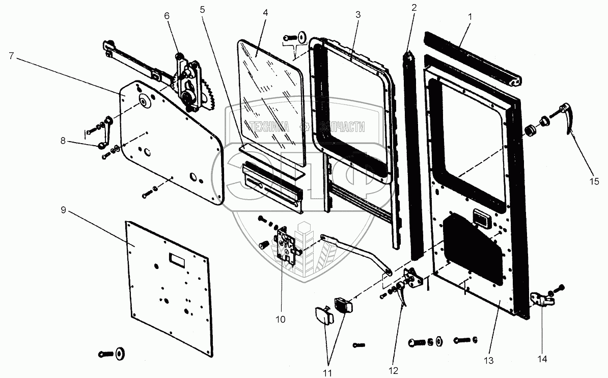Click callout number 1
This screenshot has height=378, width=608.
pos(470,17)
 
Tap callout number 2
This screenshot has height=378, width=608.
pos(414,8)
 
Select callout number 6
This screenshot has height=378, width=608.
pos(167,16)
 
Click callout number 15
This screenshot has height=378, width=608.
pos(595,181)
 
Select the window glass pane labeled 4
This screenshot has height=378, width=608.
pos(270,102)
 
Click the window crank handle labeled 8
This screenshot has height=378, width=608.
pos(106,135)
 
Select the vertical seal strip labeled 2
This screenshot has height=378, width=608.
pos(413,153)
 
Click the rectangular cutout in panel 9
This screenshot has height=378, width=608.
pos(177,260)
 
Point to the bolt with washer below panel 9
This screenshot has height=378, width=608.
pos(115,353)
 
